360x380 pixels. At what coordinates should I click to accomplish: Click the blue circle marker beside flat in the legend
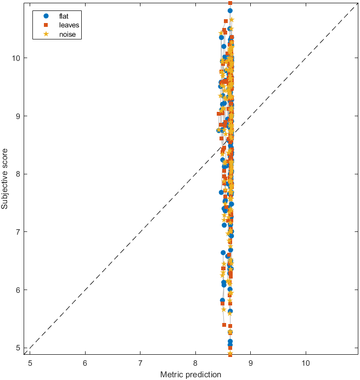[46, 16]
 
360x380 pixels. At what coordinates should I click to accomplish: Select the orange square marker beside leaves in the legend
[46, 25]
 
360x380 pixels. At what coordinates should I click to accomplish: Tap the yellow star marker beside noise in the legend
[46, 35]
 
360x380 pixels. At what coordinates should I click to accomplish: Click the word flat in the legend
[64, 16]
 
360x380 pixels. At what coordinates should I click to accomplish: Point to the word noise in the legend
[67, 35]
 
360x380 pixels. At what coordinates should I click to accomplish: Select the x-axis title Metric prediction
[190, 375]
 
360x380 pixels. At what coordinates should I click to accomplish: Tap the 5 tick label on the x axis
[30, 362]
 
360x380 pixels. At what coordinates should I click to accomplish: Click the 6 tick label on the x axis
[85, 362]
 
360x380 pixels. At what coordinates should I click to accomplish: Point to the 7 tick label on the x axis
[140, 362]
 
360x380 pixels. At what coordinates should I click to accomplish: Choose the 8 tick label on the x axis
[195, 362]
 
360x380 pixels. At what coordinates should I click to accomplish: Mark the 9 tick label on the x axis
[251, 362]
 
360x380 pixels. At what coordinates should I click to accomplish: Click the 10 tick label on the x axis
[306, 362]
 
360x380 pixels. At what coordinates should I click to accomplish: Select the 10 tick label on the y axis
[16, 58]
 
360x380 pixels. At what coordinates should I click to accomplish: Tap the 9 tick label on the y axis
[19, 116]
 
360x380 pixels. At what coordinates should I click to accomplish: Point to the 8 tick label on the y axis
[19, 174]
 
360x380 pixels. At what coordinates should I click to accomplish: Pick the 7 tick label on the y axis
[19, 232]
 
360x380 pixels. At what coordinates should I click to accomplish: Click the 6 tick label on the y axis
[19, 290]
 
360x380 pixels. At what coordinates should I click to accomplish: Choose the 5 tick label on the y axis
[19, 348]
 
